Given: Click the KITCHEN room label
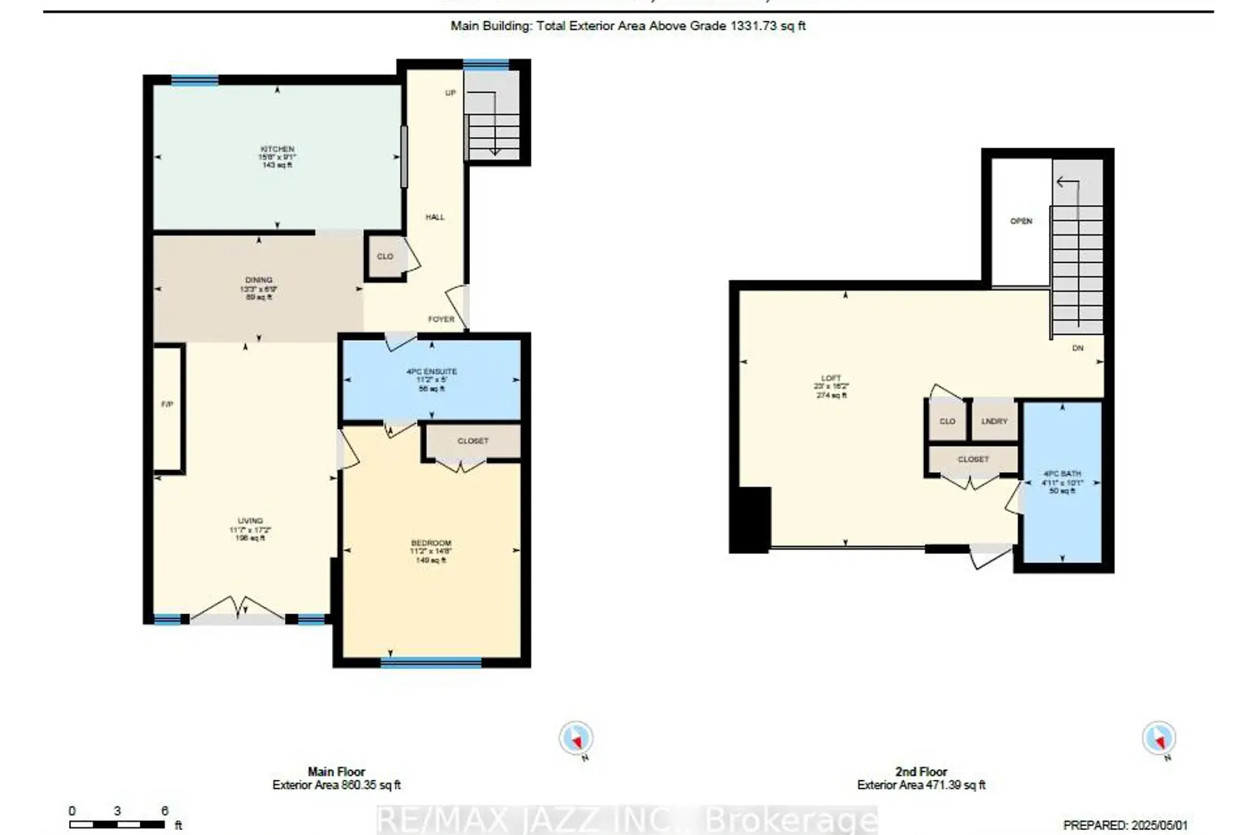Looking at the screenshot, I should coord(277,149).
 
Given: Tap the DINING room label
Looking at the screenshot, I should coord(259,281).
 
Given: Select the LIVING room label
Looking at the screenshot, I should coord(250,521).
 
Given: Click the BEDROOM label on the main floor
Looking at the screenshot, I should coord(431,544).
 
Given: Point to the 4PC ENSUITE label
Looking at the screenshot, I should coord(432,372).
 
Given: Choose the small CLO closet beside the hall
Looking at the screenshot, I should coord(385,256).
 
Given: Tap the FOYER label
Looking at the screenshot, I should coord(442,319).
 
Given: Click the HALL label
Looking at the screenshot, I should coord(435,217).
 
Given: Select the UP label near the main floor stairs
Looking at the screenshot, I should coord(450,93).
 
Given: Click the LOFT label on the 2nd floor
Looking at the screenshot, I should coord(831,378).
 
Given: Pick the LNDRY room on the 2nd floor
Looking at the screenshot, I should coord(994,422).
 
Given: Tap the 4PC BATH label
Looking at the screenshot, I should coord(1062,474).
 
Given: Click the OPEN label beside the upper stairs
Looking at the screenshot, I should coord(1021,221).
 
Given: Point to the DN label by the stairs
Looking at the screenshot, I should coord(1078,348).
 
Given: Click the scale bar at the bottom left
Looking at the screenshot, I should coord(118,824).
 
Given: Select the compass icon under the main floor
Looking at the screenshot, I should coord(576,738).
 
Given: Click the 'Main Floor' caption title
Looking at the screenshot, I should coord(336,772).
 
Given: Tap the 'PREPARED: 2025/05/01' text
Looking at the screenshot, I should coord(1124,825).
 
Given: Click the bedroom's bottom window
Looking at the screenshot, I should coord(431,663).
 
